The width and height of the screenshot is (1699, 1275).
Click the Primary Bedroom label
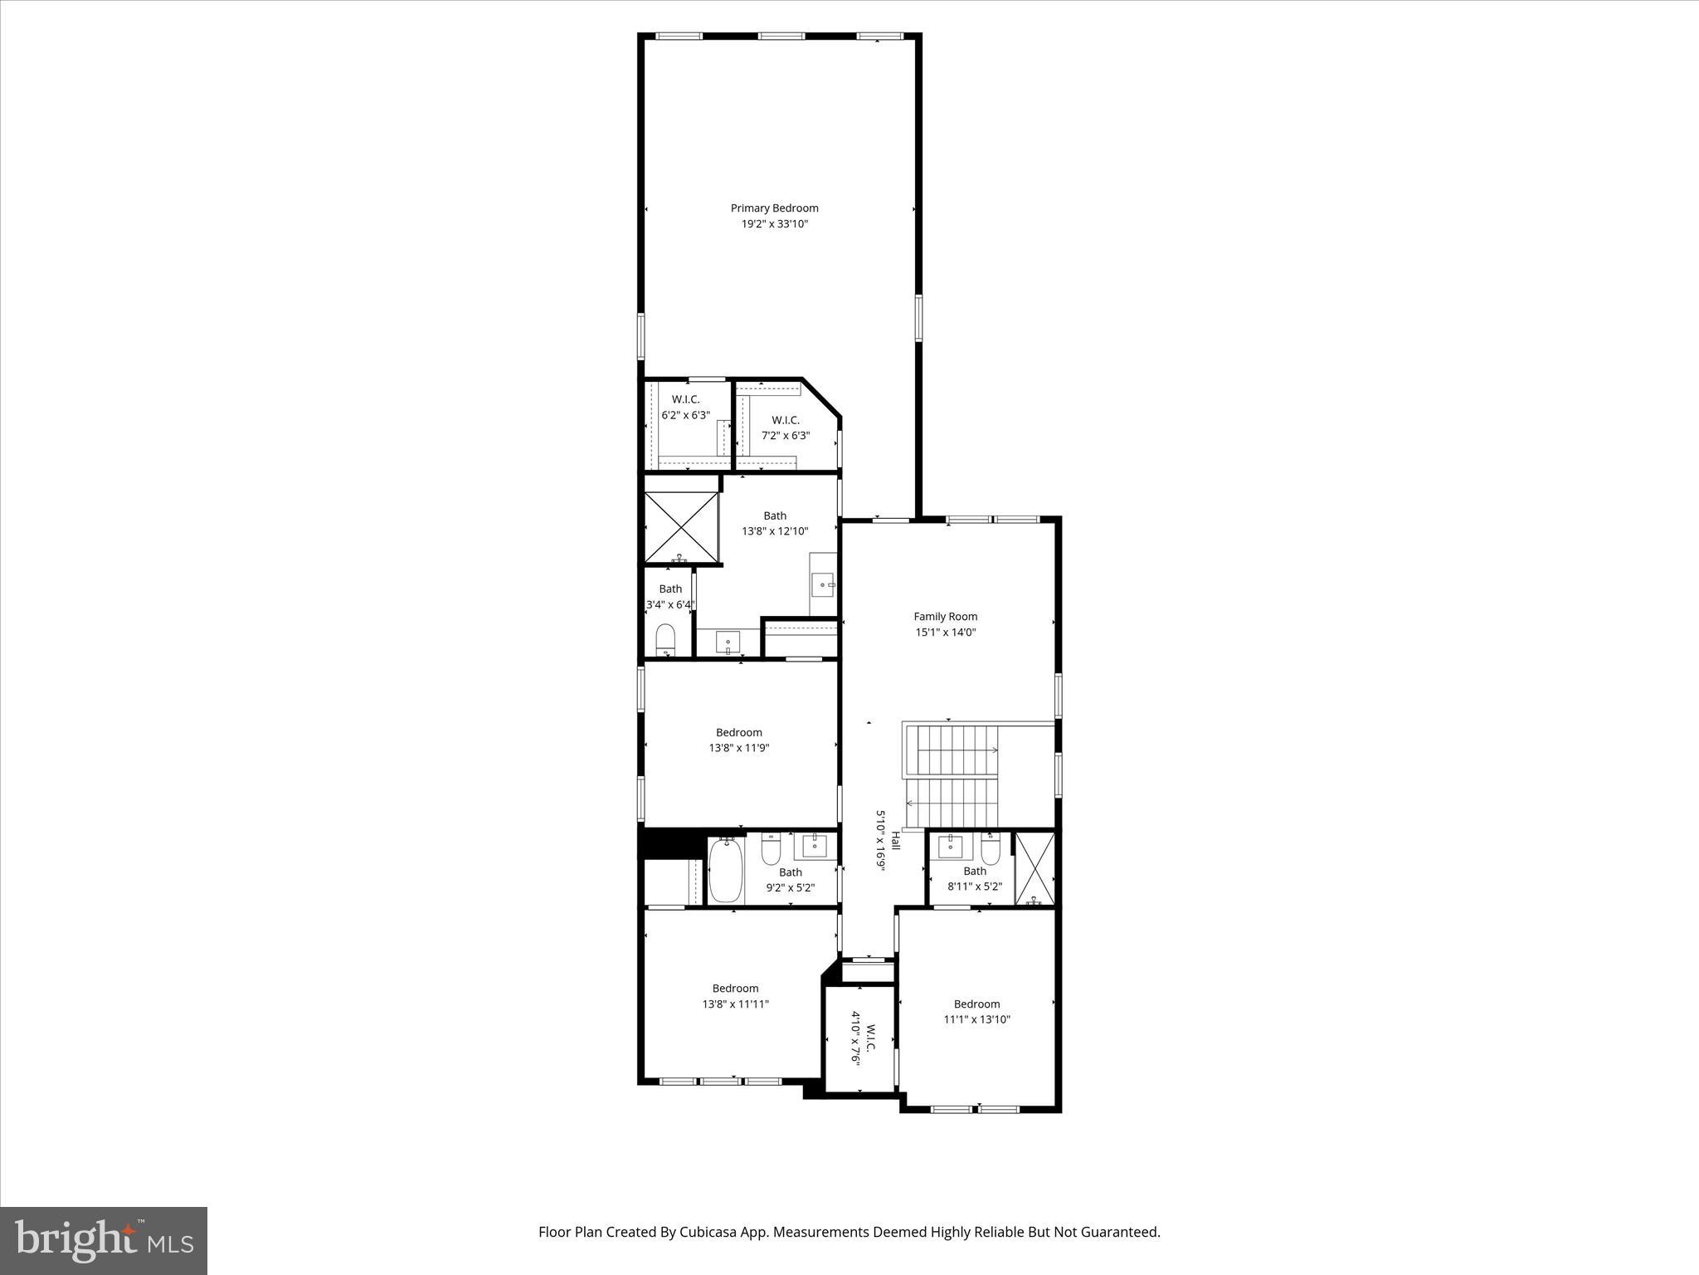coord(774,208)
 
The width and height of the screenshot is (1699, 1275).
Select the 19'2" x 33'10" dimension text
coord(774,224)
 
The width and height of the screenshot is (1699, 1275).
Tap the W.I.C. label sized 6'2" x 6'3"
coord(685,399)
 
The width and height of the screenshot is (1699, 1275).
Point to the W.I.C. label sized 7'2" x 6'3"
coord(785,420)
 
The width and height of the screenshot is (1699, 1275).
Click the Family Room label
coord(945,616)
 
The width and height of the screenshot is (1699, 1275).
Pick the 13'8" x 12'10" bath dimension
coord(774,531)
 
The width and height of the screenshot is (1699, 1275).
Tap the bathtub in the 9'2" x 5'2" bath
coord(725,870)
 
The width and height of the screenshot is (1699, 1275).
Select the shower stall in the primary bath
coord(681,527)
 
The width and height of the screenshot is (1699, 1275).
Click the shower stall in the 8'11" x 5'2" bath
coord(1034,867)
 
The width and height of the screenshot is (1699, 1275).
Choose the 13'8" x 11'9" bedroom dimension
coord(738,748)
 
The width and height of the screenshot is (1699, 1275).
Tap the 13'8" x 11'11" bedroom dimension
coord(735,1004)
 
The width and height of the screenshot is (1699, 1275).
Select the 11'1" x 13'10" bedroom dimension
coord(976,1020)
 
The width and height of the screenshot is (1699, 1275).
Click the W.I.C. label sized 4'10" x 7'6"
coord(871,1038)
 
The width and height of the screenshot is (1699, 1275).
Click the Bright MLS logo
coord(104,1241)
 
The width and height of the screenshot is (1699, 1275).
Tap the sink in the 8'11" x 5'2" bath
coord(950,847)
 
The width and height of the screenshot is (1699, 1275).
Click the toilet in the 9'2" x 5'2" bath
coord(771,847)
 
